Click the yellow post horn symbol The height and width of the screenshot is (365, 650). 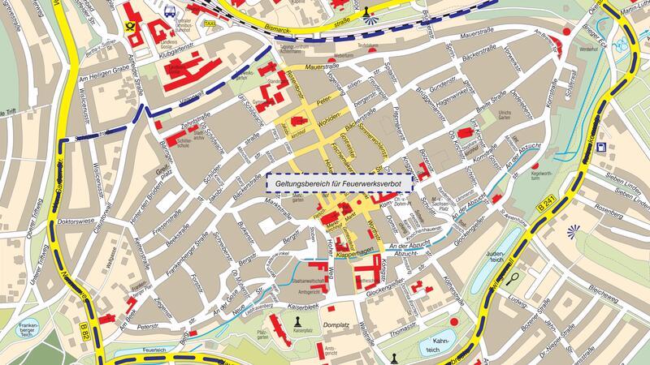129,25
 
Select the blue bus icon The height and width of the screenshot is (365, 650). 169,11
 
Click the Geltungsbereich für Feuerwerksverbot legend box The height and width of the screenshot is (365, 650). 340,184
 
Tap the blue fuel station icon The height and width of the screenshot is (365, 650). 600,147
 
